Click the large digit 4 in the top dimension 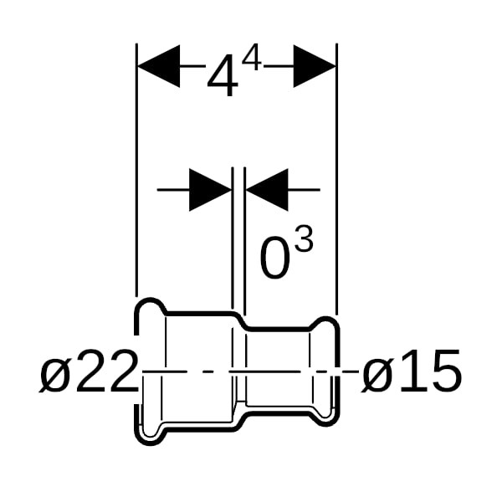[223, 75]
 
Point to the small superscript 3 [304, 238]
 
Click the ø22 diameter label [89, 371]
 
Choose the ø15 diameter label [412, 371]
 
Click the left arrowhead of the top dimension [159, 66]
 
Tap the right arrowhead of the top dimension [315, 66]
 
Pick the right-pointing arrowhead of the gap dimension [210, 190]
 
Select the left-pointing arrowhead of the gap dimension [267, 190]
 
